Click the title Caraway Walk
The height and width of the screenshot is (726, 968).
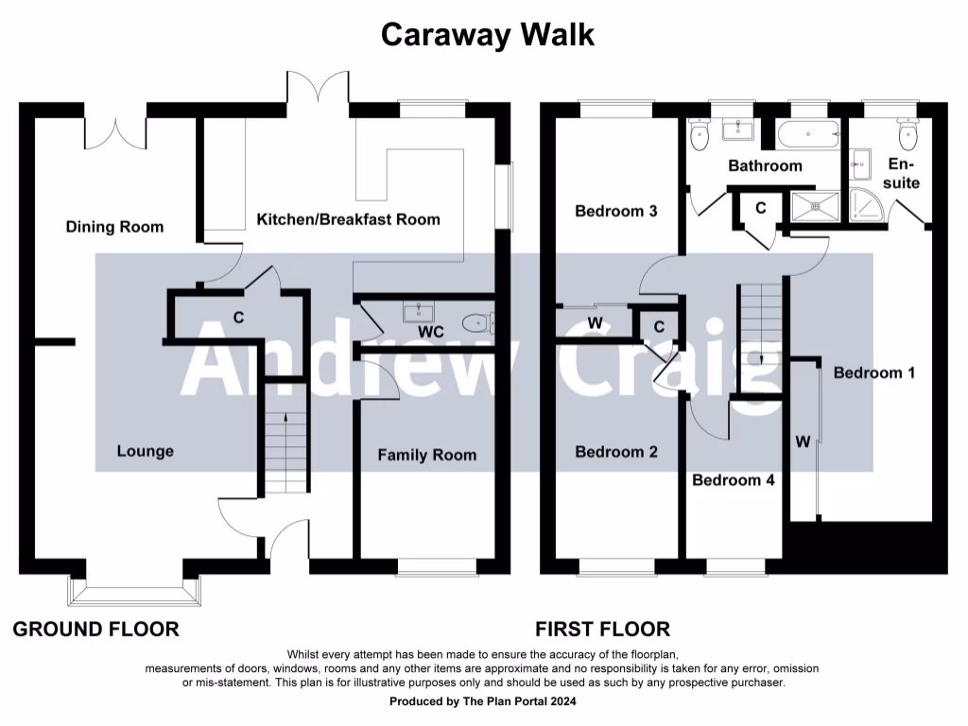click(488, 35)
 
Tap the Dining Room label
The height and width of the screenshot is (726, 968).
click(114, 227)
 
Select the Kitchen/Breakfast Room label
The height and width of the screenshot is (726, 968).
click(349, 219)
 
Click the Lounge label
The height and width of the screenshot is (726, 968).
click(146, 451)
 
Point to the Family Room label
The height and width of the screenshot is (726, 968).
click(427, 455)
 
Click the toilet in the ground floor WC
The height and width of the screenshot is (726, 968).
click(477, 324)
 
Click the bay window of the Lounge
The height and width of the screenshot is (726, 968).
click(133, 592)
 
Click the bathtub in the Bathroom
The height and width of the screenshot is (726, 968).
click(808, 135)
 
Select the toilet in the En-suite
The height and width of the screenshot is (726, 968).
click(909, 137)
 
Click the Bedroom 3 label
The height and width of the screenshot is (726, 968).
click(616, 211)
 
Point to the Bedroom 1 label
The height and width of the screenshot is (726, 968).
click(874, 372)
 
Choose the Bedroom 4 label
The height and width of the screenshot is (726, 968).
click(734, 480)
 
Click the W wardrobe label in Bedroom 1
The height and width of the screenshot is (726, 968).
click(803, 441)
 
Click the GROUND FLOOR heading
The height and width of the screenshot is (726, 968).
click(95, 629)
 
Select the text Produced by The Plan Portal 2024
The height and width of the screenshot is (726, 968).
click(483, 701)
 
